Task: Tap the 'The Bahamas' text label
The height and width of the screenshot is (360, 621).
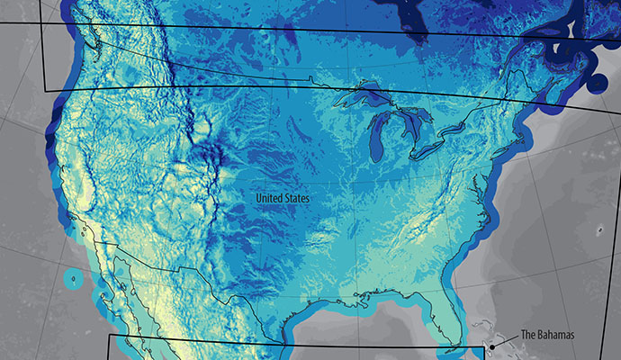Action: (544, 335)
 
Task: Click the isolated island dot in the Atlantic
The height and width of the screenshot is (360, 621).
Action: (598, 230)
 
